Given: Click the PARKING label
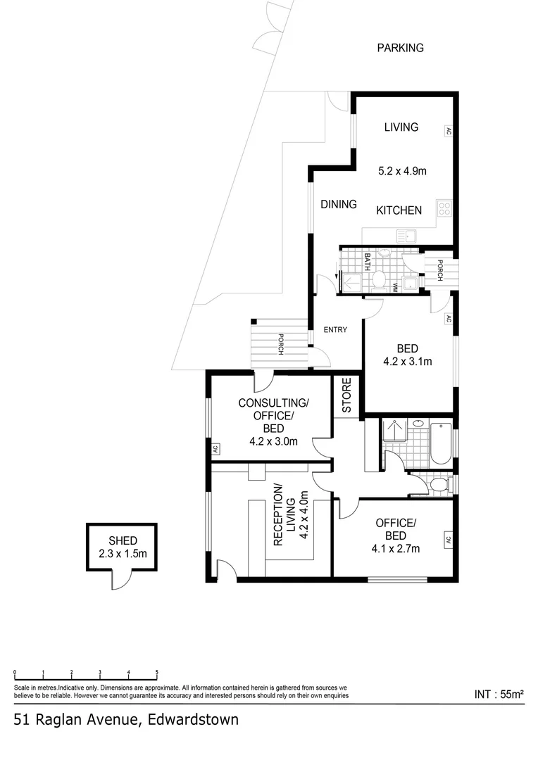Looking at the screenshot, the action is pos(400,48).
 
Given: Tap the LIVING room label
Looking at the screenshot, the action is pos(401,127).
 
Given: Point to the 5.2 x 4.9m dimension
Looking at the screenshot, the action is pos(402,170).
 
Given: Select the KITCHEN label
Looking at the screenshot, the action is pos(399,210).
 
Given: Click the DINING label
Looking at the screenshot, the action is pos(339,204).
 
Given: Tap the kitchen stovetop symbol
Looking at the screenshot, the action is pos(444,208).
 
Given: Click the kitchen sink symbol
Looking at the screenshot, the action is pos(408,236).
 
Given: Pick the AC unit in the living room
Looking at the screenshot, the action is pos(449,131).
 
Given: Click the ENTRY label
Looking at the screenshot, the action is pos(335,329).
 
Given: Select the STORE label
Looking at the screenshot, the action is pos(346,395).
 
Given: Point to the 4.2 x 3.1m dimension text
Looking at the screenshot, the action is pos(408,361).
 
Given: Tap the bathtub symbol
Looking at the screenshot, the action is pos(441,443).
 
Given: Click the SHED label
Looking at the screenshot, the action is pos(123,540).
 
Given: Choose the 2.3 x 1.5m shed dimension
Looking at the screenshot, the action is pos(123,553).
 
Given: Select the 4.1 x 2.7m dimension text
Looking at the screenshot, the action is pos(396,548).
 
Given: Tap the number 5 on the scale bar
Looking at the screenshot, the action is pos(157,672).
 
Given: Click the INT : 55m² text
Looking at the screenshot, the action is pos(499,694).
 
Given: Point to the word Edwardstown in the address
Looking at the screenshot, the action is pos(193,719).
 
